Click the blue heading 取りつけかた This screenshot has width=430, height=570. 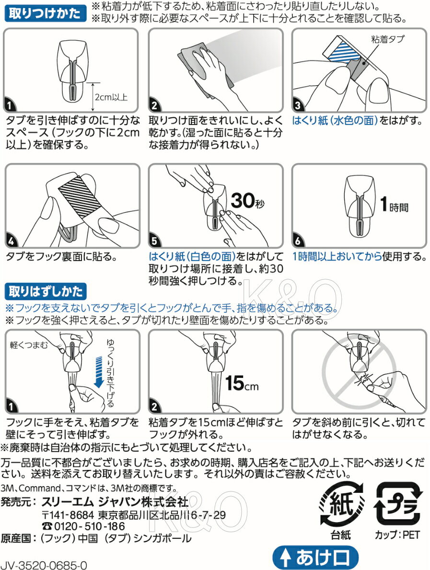[x=45, y=13]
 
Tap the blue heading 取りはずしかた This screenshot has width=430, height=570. [x=46, y=292]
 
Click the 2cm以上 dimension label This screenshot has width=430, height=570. [x=111, y=97]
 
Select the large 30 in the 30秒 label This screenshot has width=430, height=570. [x=243, y=200]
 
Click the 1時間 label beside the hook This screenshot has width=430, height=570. [x=394, y=205]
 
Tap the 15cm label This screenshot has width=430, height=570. [x=242, y=383]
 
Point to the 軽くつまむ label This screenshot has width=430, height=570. [x=29, y=344]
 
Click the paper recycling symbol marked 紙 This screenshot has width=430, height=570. [x=341, y=504]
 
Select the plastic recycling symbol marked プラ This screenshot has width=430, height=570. [x=397, y=504]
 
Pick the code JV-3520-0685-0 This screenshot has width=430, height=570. [x=44, y=565]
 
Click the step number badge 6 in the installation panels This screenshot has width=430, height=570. [x=298, y=240]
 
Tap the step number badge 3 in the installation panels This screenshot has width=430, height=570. [x=298, y=105]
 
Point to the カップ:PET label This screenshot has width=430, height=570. [x=397, y=535]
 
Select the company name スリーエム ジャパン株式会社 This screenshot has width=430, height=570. [x=115, y=502]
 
